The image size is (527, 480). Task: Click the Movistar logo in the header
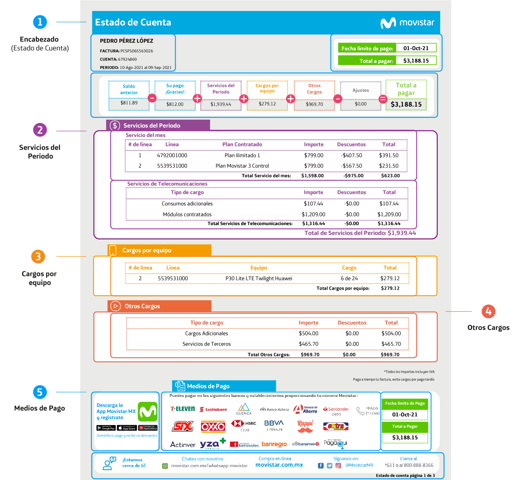[x=407, y=23]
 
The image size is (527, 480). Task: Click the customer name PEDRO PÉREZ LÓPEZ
[x=127, y=41]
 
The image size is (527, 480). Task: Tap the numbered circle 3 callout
[x=38, y=257]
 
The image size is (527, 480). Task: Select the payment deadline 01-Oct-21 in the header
[x=416, y=48]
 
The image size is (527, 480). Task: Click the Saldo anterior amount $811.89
[x=129, y=103]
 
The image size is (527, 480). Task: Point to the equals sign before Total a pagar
[x=383, y=99]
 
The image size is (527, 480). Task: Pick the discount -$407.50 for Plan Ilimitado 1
[x=351, y=155]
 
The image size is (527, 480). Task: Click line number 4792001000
[x=172, y=155]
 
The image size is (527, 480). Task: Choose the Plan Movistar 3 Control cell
[x=242, y=166]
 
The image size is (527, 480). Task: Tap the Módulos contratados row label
[x=187, y=215]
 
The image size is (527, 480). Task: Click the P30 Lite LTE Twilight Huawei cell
[x=259, y=278]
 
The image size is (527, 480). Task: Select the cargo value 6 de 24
[x=349, y=278]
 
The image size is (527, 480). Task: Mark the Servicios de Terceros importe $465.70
[x=309, y=344]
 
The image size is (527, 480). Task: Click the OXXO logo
[x=213, y=427]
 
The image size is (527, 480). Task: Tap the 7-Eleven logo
[x=183, y=409]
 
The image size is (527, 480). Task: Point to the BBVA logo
[x=274, y=423]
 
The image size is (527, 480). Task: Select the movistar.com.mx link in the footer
[x=279, y=465]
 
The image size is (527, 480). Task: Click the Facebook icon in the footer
[x=321, y=465]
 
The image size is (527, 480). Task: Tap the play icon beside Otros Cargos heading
[x=115, y=306]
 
